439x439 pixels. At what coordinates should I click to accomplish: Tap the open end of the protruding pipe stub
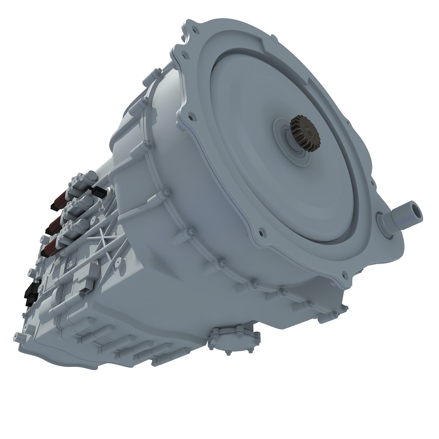pyautogui.click(x=416, y=212)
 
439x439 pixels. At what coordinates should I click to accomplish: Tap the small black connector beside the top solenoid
pyautogui.click(x=99, y=191)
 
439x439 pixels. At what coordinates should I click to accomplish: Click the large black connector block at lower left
pyautogui.click(x=30, y=293)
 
